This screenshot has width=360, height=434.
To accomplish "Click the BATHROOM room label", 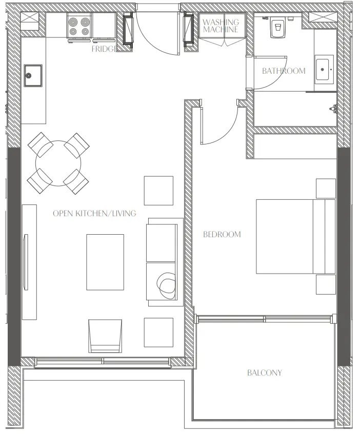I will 284,71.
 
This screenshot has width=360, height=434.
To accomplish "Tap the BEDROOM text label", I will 222,235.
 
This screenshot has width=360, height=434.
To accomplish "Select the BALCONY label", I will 264,373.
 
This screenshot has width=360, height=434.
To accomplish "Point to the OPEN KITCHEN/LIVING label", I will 94,213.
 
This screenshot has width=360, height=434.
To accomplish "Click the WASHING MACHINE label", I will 221,26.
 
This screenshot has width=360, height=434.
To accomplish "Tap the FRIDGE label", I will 104,49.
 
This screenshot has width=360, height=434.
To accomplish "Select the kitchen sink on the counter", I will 32,76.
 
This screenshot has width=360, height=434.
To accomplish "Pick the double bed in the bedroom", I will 295,236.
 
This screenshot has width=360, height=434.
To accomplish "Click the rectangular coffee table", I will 105,262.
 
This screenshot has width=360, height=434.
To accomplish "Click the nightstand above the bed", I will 326,188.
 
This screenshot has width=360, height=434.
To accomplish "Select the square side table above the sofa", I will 158,190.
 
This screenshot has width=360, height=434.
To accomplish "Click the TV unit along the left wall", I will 29,261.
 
